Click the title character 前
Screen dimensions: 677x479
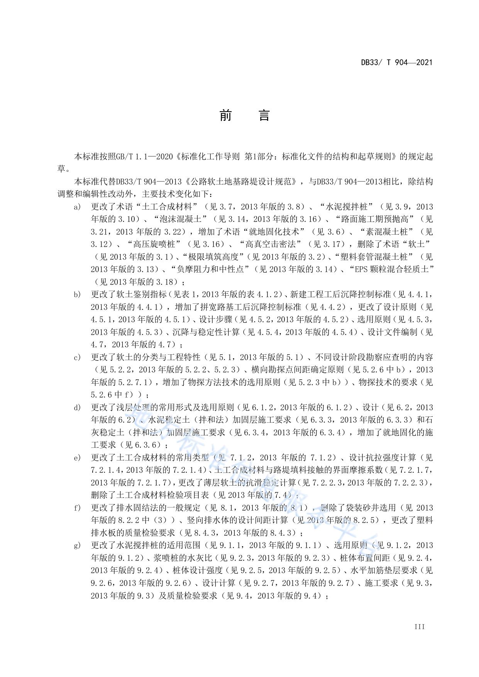(225, 115)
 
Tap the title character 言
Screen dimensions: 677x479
(264, 115)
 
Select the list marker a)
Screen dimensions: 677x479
(78, 207)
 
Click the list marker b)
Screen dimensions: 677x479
(78, 294)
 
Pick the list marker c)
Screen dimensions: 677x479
(78, 357)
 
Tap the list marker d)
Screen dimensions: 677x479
(78, 407)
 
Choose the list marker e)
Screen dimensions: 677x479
(78, 457)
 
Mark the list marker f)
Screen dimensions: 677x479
(78, 508)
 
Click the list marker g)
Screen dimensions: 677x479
(78, 545)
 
